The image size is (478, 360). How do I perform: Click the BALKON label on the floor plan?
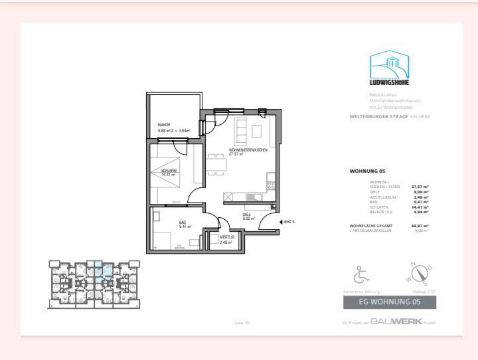coord(164,125)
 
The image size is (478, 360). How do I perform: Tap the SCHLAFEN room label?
coord(169,171)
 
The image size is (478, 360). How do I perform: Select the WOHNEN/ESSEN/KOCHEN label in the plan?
coord(248,151)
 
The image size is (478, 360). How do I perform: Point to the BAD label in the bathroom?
coord(183,223)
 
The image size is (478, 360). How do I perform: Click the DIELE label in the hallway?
coord(246,215)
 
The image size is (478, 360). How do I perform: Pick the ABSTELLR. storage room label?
coord(227,237)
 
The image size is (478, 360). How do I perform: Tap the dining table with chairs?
coord(215,164)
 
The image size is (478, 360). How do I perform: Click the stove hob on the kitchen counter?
coord(271,186)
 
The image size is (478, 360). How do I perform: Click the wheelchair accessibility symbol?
coord(362,274)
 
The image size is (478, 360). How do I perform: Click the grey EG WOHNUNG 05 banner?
coord(390,303)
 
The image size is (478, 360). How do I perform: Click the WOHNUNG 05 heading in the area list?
coord(367,171)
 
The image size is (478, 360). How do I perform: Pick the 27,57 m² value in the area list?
coord(420,187)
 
